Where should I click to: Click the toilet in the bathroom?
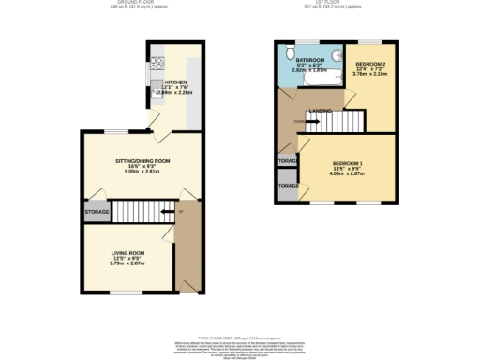click(292, 54)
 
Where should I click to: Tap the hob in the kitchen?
click(150, 67)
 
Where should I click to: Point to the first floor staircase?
click(346, 122)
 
